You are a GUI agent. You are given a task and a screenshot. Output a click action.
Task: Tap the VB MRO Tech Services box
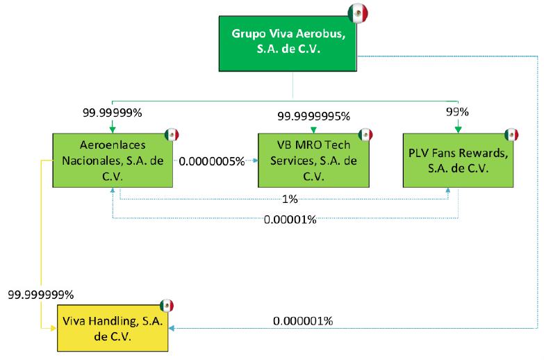click(x=313, y=160)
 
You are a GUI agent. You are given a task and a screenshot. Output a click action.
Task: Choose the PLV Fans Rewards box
click(x=459, y=160)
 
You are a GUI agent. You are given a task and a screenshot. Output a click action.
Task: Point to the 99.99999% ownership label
click(x=113, y=111)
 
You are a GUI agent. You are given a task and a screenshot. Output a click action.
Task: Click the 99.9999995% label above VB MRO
click(x=314, y=116)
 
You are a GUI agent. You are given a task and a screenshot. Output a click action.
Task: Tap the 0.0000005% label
click(x=212, y=161)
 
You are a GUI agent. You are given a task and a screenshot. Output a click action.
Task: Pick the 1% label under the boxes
click(x=290, y=199)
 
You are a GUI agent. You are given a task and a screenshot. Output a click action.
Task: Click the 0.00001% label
click(x=290, y=220)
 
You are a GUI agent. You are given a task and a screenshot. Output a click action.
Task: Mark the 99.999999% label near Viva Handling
click(x=41, y=295)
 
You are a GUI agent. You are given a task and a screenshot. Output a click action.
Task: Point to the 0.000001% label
click(x=303, y=321)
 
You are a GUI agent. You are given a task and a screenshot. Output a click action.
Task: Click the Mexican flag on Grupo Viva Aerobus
click(x=358, y=13)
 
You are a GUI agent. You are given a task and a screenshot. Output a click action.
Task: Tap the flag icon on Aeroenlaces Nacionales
click(x=172, y=134)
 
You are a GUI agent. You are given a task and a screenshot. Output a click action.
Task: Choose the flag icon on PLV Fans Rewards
click(x=511, y=134)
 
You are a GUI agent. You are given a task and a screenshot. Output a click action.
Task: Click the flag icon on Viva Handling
click(x=166, y=305)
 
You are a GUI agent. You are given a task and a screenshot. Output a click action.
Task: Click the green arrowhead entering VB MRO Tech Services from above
click(x=313, y=129)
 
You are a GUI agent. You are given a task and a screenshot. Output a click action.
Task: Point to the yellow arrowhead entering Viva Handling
click(x=53, y=327)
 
